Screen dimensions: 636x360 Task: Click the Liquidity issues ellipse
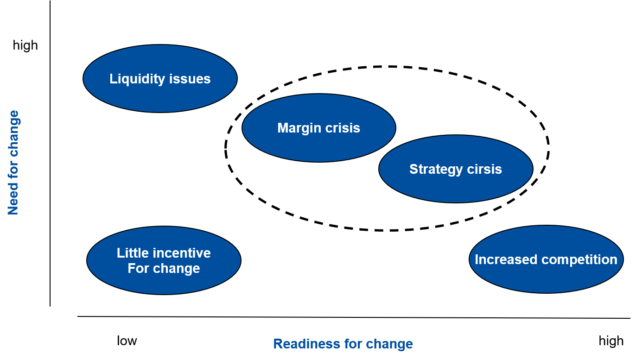[160, 79]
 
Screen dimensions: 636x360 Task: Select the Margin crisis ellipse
[319, 128]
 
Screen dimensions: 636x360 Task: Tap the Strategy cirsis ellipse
[456, 169]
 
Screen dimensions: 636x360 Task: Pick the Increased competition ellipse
[546, 259]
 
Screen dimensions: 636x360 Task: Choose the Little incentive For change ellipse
[164, 260]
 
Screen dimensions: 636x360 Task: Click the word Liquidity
[137, 79]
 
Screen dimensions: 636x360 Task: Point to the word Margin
[299, 128]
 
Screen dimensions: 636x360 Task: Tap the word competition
[579, 260]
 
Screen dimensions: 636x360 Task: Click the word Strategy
[436, 170]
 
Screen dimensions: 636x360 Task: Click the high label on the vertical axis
[25, 45]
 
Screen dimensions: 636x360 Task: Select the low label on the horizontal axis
[127, 341]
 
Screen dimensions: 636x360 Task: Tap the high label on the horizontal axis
[611, 341]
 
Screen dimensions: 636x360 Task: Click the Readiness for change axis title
[343, 344]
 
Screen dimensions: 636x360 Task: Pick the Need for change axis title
[13, 163]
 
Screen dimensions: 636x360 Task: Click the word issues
[190, 79]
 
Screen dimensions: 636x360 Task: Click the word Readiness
[307, 344]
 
